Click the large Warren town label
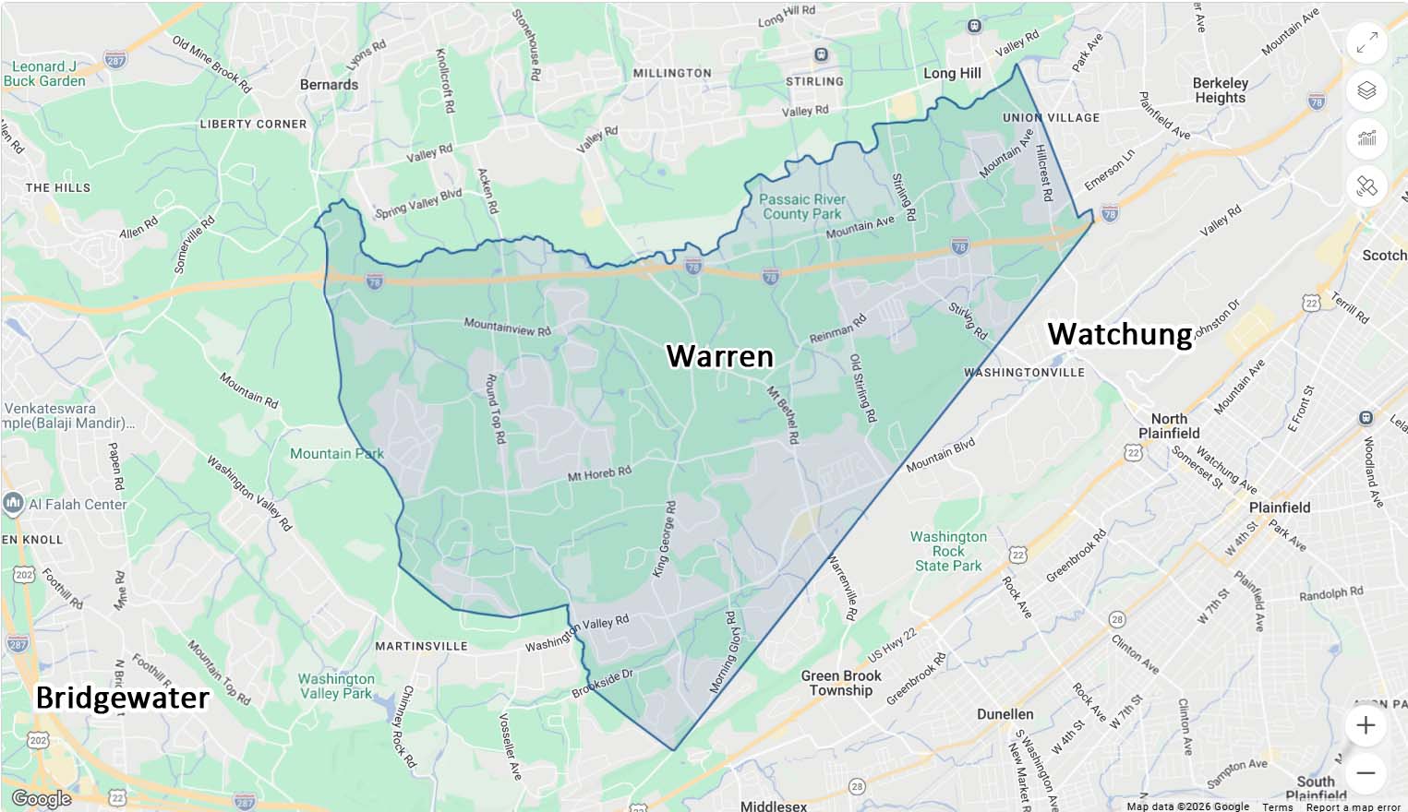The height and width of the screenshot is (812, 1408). tap(719, 356)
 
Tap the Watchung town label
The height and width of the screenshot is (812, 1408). tap(1119, 334)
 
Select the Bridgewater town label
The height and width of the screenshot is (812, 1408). tap(122, 698)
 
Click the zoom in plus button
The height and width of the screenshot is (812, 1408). tap(1366, 725)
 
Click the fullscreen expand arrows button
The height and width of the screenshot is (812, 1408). tap(1366, 42)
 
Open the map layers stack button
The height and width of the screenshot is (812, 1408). tap(1366, 90)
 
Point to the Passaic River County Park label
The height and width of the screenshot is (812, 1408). tap(801, 207)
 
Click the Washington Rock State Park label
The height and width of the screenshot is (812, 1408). tap(948, 551)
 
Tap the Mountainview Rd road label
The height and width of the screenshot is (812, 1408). tap(507, 327)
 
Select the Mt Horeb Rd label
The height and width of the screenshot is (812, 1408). tap(599, 474)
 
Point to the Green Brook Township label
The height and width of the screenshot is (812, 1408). tap(840, 683)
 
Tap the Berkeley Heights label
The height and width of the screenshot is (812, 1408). tap(1220, 90)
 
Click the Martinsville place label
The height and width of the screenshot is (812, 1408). tap(421, 646)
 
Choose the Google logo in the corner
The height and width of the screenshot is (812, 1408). tap(41, 798)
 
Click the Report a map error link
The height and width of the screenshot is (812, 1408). tap(1353, 806)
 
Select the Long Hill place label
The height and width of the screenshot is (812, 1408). tap(952, 73)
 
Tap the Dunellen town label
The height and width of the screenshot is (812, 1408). tap(1005, 714)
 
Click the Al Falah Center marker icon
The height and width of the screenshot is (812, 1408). tap(13, 503)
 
